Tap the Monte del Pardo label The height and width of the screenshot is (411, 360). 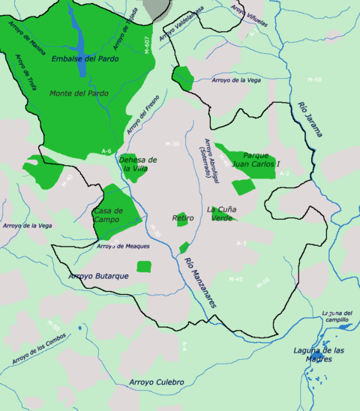click(79, 93)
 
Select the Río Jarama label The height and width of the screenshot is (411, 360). click(310, 119)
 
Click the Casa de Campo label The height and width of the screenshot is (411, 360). click(109, 216)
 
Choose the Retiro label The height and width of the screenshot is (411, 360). click(183, 218)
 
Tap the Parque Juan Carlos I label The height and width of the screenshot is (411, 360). click(256, 160)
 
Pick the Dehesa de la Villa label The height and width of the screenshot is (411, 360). click(140, 164)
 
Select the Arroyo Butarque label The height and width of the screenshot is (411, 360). click(99, 277)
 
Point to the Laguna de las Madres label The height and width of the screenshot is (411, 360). click(319, 354)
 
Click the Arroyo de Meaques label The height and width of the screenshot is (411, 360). click(124, 246)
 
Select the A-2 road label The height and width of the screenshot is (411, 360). click(283, 173)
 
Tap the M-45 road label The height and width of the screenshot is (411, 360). click(235, 279)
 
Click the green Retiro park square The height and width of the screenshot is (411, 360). click(181, 220)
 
